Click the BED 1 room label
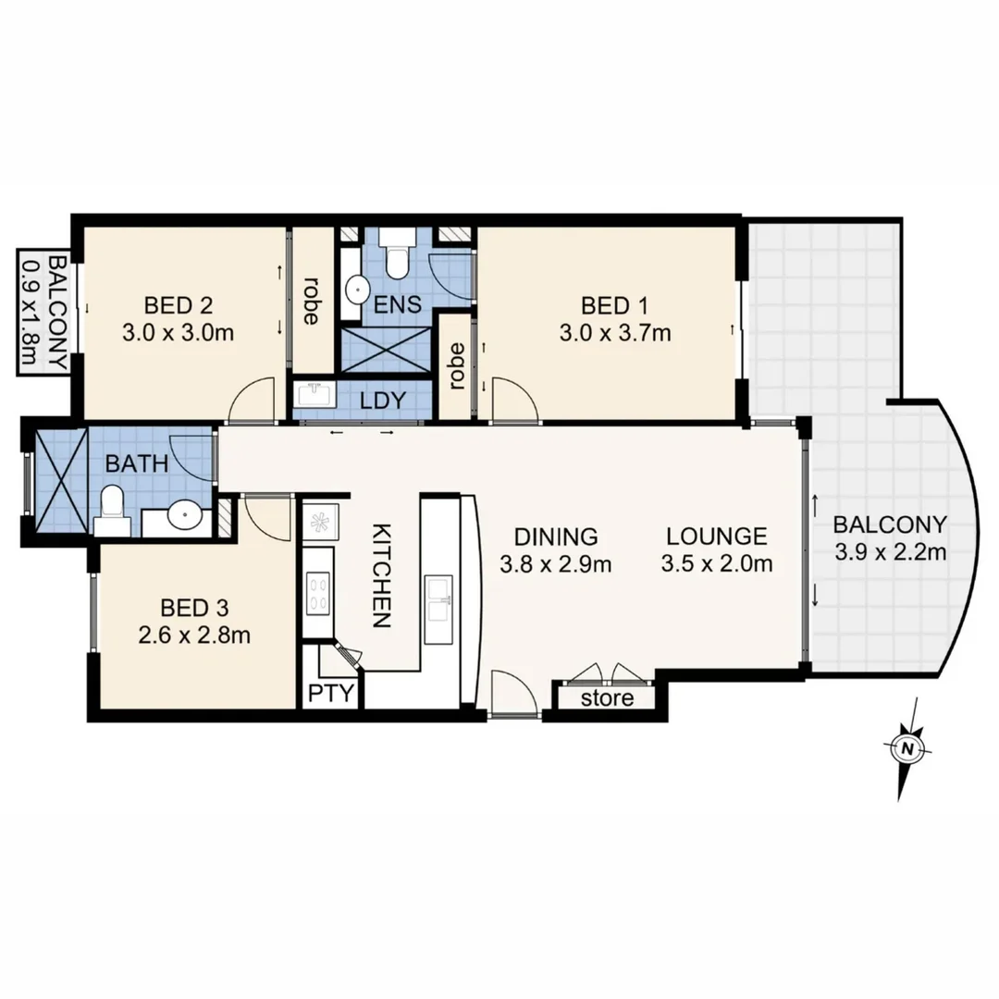614,304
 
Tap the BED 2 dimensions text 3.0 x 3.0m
177,333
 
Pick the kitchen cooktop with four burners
318,592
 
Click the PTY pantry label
331,693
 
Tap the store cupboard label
607,697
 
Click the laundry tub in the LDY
314,397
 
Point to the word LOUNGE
717,536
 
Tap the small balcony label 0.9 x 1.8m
43,312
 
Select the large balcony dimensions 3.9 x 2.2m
890,553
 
